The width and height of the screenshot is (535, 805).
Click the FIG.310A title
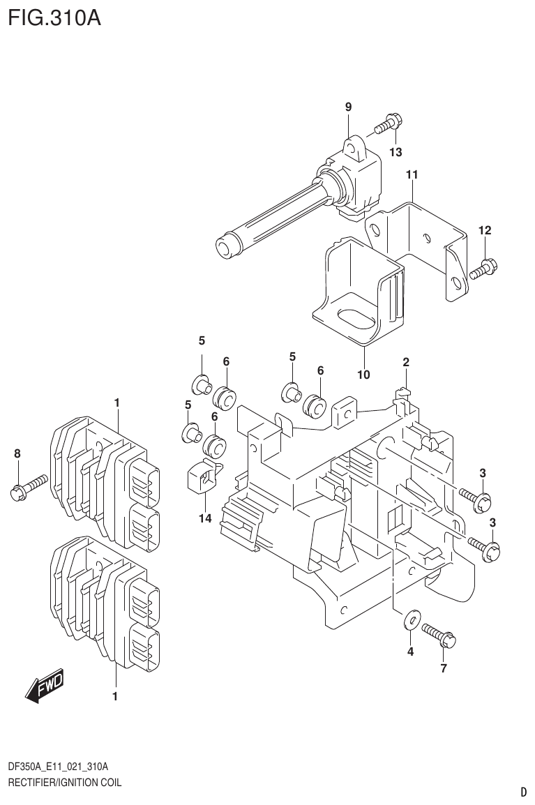click(54, 17)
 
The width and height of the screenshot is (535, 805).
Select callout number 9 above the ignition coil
click(348, 107)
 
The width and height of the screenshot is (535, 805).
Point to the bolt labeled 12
click(482, 269)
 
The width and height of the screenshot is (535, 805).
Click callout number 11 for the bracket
click(412, 174)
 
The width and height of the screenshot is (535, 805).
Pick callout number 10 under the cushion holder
click(363, 375)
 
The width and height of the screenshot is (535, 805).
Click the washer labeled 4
click(412, 618)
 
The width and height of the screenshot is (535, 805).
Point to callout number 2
click(405, 361)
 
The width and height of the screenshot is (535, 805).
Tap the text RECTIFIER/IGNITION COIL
click(64, 783)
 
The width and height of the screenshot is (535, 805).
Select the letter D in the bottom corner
click(523, 792)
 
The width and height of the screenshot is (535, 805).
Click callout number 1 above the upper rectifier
click(117, 402)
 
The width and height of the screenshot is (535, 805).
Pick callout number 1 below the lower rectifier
click(115, 696)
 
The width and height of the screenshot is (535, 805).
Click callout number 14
click(204, 518)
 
